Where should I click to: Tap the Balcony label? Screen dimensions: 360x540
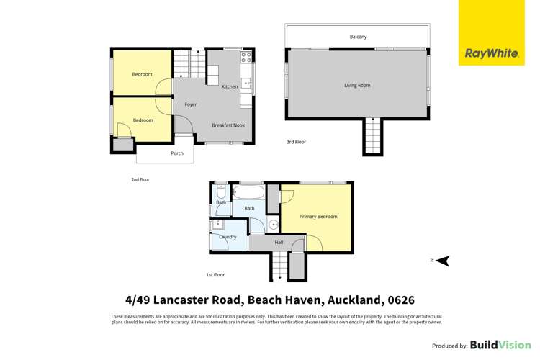point(358,37)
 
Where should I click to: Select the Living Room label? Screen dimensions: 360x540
point(357,86)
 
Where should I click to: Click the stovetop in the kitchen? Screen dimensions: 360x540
point(246,57)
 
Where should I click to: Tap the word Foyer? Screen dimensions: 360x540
point(191,104)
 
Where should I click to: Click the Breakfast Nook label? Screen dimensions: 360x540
point(226,125)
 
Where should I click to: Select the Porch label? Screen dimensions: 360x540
point(177,153)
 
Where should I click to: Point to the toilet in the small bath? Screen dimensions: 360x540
point(221,193)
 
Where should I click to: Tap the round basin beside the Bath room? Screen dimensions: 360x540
point(274,225)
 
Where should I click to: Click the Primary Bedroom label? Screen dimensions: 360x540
point(318,217)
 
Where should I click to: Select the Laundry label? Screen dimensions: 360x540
point(228,237)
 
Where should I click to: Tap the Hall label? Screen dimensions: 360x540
point(279,243)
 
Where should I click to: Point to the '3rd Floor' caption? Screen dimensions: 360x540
point(296,142)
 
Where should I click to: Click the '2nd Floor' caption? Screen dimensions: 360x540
point(140,179)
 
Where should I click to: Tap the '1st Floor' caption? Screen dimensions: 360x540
point(215,274)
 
